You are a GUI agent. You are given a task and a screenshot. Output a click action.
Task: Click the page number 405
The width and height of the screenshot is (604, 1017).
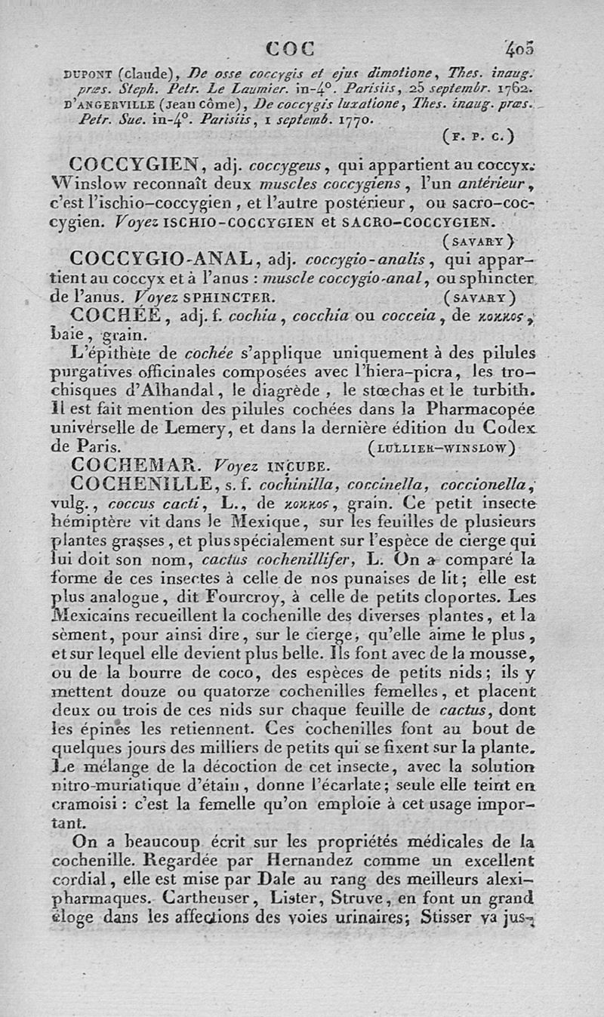(520, 50)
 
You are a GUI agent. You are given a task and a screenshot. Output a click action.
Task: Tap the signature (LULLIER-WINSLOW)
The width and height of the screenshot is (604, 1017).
(442, 448)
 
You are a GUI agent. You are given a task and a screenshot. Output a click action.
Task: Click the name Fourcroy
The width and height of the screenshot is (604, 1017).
(217, 596)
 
